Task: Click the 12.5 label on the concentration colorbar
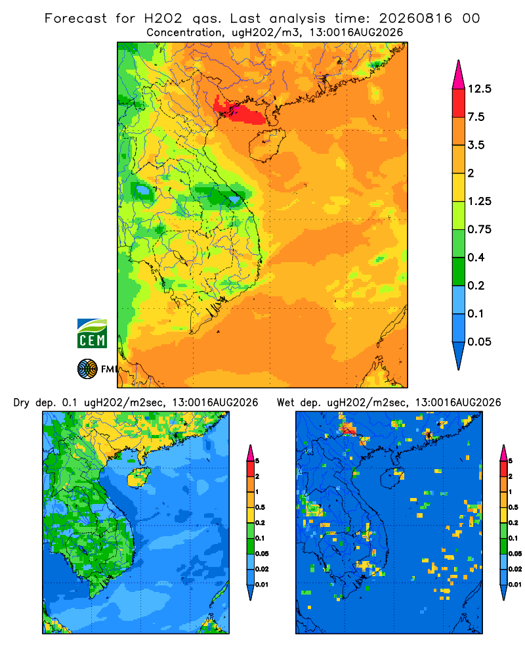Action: [x=479, y=89]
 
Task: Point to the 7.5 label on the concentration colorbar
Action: [x=476, y=117]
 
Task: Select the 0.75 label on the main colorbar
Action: [x=479, y=229]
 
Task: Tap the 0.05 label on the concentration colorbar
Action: [x=479, y=342]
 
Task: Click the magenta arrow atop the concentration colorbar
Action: [x=459, y=76]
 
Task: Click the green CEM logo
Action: [x=92, y=334]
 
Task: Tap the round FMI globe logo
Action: [x=87, y=369]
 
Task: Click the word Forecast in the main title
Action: [x=75, y=18]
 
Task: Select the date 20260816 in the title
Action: [x=415, y=18]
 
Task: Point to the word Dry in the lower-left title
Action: [x=22, y=403]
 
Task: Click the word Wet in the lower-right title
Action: [x=286, y=403]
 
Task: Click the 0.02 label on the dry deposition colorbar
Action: [x=262, y=569]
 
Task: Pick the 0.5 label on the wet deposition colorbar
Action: [x=513, y=507]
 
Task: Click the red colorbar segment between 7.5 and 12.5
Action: [x=459, y=103]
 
